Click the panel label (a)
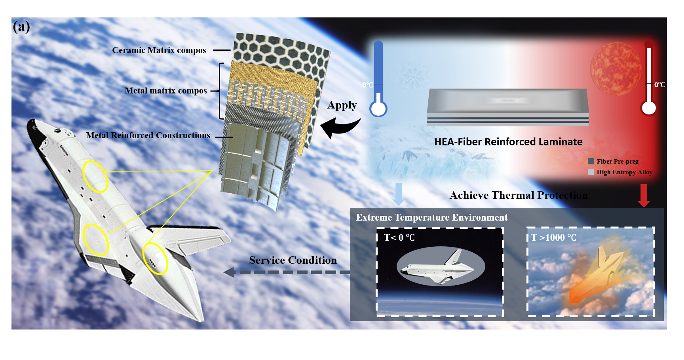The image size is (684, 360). click(21, 27)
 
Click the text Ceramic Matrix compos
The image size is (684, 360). click(159, 50)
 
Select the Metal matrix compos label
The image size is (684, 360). click(166, 91)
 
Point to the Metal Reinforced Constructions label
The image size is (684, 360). click(148, 135)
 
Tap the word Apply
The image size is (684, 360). click(342, 105)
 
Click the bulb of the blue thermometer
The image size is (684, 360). click(378, 109)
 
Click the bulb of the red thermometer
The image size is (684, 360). click(649, 108)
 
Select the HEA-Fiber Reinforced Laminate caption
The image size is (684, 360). click(508, 142)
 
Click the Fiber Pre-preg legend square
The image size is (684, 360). click(591, 161)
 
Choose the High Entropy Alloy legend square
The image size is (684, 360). click(591, 172)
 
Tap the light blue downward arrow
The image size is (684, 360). click(399, 194)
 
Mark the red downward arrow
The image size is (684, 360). click(644, 195)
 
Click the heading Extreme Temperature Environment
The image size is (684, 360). click(431, 217)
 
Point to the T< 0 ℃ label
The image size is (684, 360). click(399, 238)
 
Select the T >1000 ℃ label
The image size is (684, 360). click(553, 238)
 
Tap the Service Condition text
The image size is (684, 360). click(293, 260)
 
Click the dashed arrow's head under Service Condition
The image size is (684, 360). click(230, 272)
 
